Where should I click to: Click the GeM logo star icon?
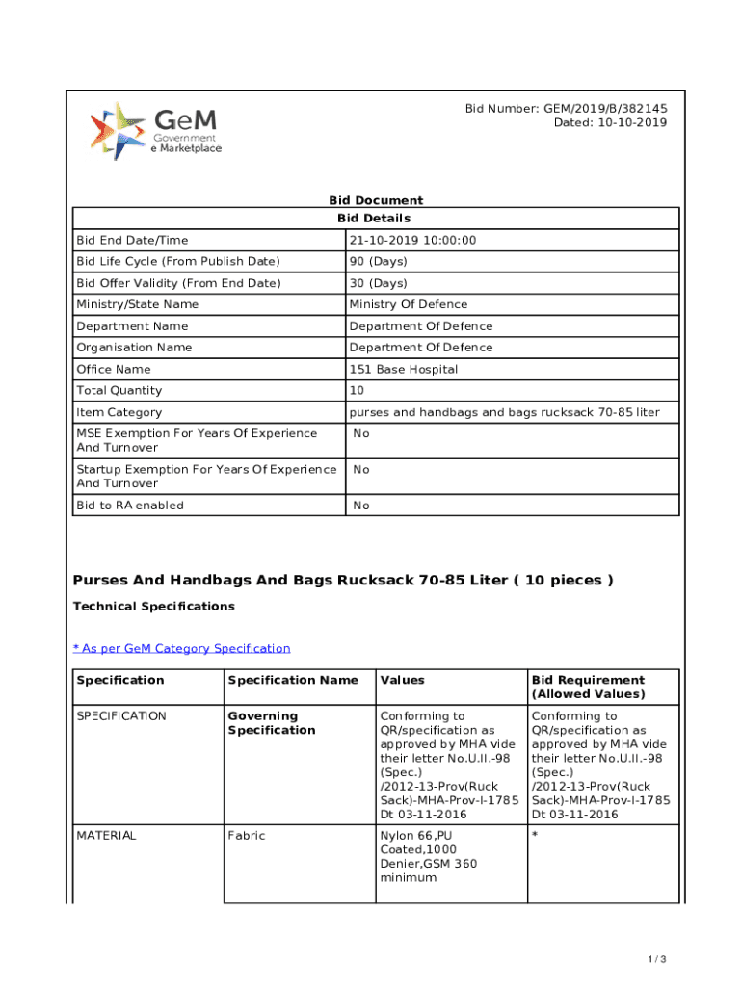click(x=118, y=131)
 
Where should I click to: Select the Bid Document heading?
click(x=376, y=200)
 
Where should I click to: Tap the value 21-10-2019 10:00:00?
click(x=412, y=240)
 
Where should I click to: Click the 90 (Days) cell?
click(x=378, y=262)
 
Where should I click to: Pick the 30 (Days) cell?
click(x=378, y=283)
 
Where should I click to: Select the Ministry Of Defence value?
click(x=408, y=304)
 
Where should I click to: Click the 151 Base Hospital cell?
click(x=403, y=369)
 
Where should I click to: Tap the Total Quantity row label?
click(x=119, y=390)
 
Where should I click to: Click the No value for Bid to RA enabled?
click(x=361, y=506)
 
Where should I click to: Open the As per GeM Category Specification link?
click(x=181, y=648)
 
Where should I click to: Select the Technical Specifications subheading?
click(x=154, y=607)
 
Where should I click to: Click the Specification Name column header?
click(x=293, y=680)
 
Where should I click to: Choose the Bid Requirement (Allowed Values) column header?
click(x=588, y=687)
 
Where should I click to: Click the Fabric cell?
click(x=246, y=835)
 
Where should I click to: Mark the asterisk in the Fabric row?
click(x=535, y=836)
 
